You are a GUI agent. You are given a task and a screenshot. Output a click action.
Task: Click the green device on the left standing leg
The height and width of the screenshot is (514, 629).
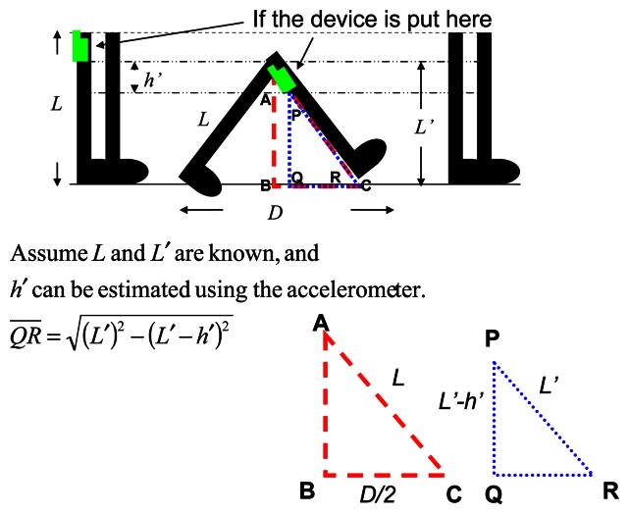(x=80, y=46)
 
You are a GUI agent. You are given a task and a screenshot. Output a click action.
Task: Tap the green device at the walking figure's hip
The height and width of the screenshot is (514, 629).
(x=285, y=79)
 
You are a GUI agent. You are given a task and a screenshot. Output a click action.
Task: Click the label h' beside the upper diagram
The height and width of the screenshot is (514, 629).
(x=151, y=80)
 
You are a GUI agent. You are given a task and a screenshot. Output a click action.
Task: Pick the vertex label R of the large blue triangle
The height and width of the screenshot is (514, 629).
(x=610, y=490)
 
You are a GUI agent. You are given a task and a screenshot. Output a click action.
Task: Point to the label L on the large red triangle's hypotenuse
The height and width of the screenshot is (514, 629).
(x=397, y=376)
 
